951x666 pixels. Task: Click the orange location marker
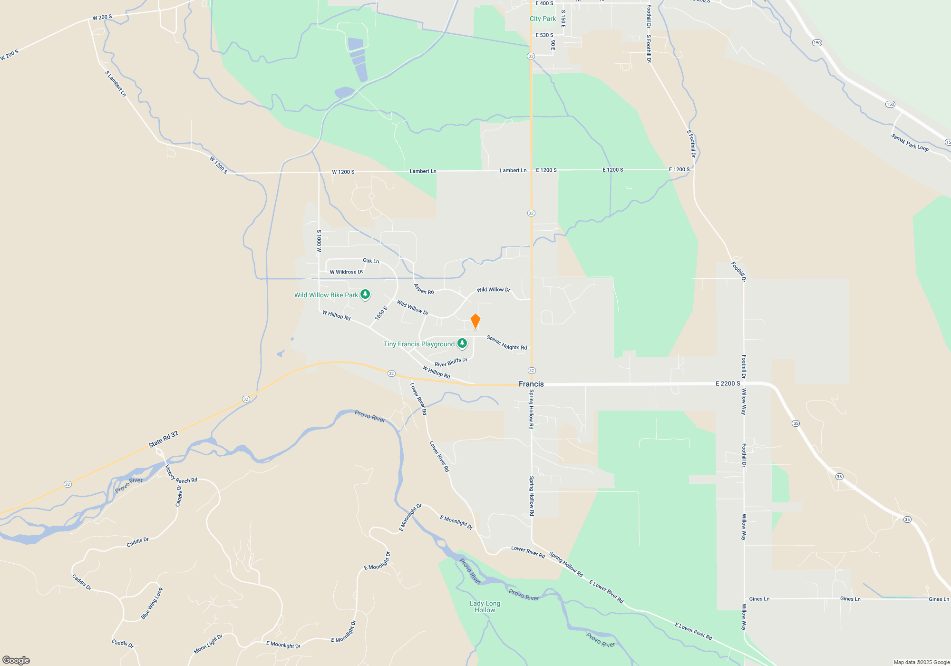pyautogui.click(x=475, y=321)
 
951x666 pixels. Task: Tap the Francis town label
pyautogui.click(x=531, y=384)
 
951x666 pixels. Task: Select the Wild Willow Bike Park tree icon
pyautogui.click(x=365, y=294)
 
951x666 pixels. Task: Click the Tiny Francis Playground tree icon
pyautogui.click(x=462, y=343)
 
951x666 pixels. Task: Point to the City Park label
pyautogui.click(x=543, y=19)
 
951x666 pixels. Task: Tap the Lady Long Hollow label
pyautogui.click(x=485, y=607)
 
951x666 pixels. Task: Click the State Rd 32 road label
pyautogui.click(x=163, y=439)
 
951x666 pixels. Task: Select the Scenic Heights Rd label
pyautogui.click(x=506, y=343)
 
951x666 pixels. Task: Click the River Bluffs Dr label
pyautogui.click(x=451, y=362)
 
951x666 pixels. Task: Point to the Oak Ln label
pyautogui.click(x=371, y=261)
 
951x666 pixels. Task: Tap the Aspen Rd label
pyautogui.click(x=424, y=289)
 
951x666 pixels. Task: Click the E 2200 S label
pyautogui.click(x=728, y=383)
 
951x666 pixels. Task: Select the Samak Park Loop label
pyautogui.click(x=910, y=143)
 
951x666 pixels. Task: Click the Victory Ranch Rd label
pyautogui.click(x=181, y=476)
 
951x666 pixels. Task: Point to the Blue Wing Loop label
pyautogui.click(x=152, y=603)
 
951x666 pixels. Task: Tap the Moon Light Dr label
pyautogui.click(x=208, y=644)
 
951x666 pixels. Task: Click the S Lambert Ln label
pyautogui.click(x=116, y=84)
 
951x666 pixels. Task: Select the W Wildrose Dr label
pyautogui.click(x=346, y=272)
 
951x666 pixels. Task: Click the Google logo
pyautogui.click(x=16, y=660)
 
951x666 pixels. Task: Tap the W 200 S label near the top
pyautogui.click(x=102, y=18)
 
